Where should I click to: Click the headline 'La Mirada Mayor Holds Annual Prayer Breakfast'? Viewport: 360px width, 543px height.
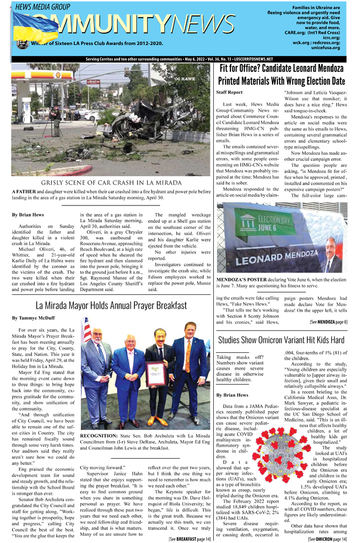click(x=110, y=305)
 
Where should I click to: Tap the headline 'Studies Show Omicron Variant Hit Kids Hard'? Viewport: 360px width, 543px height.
click(x=281, y=340)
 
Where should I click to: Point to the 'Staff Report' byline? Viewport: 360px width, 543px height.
click(x=229, y=92)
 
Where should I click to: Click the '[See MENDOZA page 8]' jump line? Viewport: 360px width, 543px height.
click(x=329, y=321)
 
